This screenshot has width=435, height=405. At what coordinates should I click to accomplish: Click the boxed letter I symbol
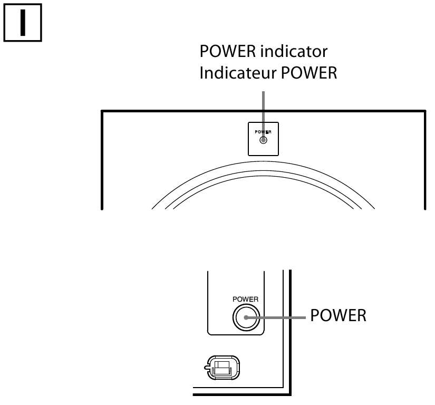coord(23,24)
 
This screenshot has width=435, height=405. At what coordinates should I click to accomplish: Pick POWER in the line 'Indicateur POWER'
coord(306,73)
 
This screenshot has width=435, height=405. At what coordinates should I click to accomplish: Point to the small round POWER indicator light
coord(264,140)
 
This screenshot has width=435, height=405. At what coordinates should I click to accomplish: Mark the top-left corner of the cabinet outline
coord(101,111)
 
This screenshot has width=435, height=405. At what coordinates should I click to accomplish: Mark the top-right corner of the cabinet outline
coord(424,111)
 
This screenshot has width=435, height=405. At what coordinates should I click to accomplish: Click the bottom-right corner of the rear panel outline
coord(289,394)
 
